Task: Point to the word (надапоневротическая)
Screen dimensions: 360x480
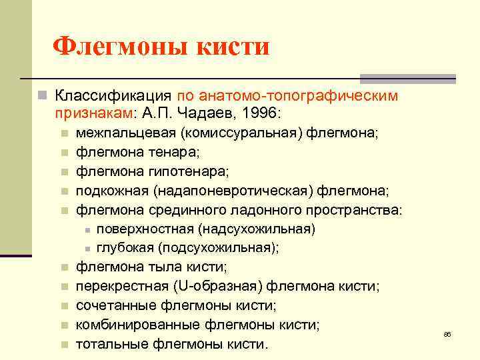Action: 233,191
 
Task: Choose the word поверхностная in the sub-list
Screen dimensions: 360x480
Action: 144,229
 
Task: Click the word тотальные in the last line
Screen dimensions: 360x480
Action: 112,345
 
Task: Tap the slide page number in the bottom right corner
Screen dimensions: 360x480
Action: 447,333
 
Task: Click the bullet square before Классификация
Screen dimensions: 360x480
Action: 41,96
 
